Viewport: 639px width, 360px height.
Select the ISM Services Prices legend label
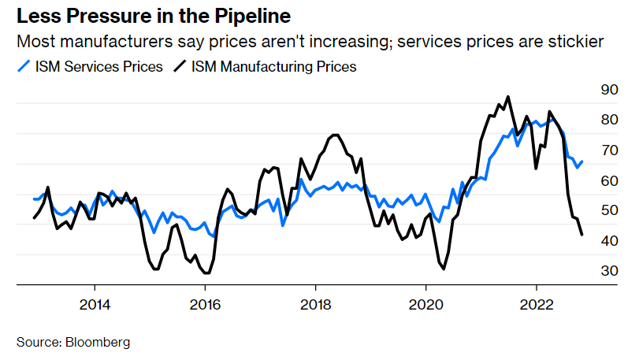coord(99,67)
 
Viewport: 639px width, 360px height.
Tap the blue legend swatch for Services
coord(24,67)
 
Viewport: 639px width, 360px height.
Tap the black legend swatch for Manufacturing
coord(180,67)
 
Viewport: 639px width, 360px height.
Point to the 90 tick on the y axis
coord(610,90)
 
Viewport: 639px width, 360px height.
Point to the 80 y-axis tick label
coord(610,120)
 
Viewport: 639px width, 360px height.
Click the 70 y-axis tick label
coord(610,150)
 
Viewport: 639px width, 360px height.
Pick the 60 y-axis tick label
coord(610,180)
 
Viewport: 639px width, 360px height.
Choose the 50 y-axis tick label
coord(610,210)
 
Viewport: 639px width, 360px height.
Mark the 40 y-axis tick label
coord(610,241)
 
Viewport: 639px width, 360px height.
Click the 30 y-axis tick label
coord(610,271)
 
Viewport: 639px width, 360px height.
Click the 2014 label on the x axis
coord(95,304)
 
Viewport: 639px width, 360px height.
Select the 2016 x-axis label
coord(205,304)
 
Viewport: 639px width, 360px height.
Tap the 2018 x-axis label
coord(315,304)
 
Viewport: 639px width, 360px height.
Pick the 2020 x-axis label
coord(425,304)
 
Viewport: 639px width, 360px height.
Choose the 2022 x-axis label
coord(536,304)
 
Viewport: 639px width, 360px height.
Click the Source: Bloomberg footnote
coord(73,343)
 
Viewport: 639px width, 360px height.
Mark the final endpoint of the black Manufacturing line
coord(581,234)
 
